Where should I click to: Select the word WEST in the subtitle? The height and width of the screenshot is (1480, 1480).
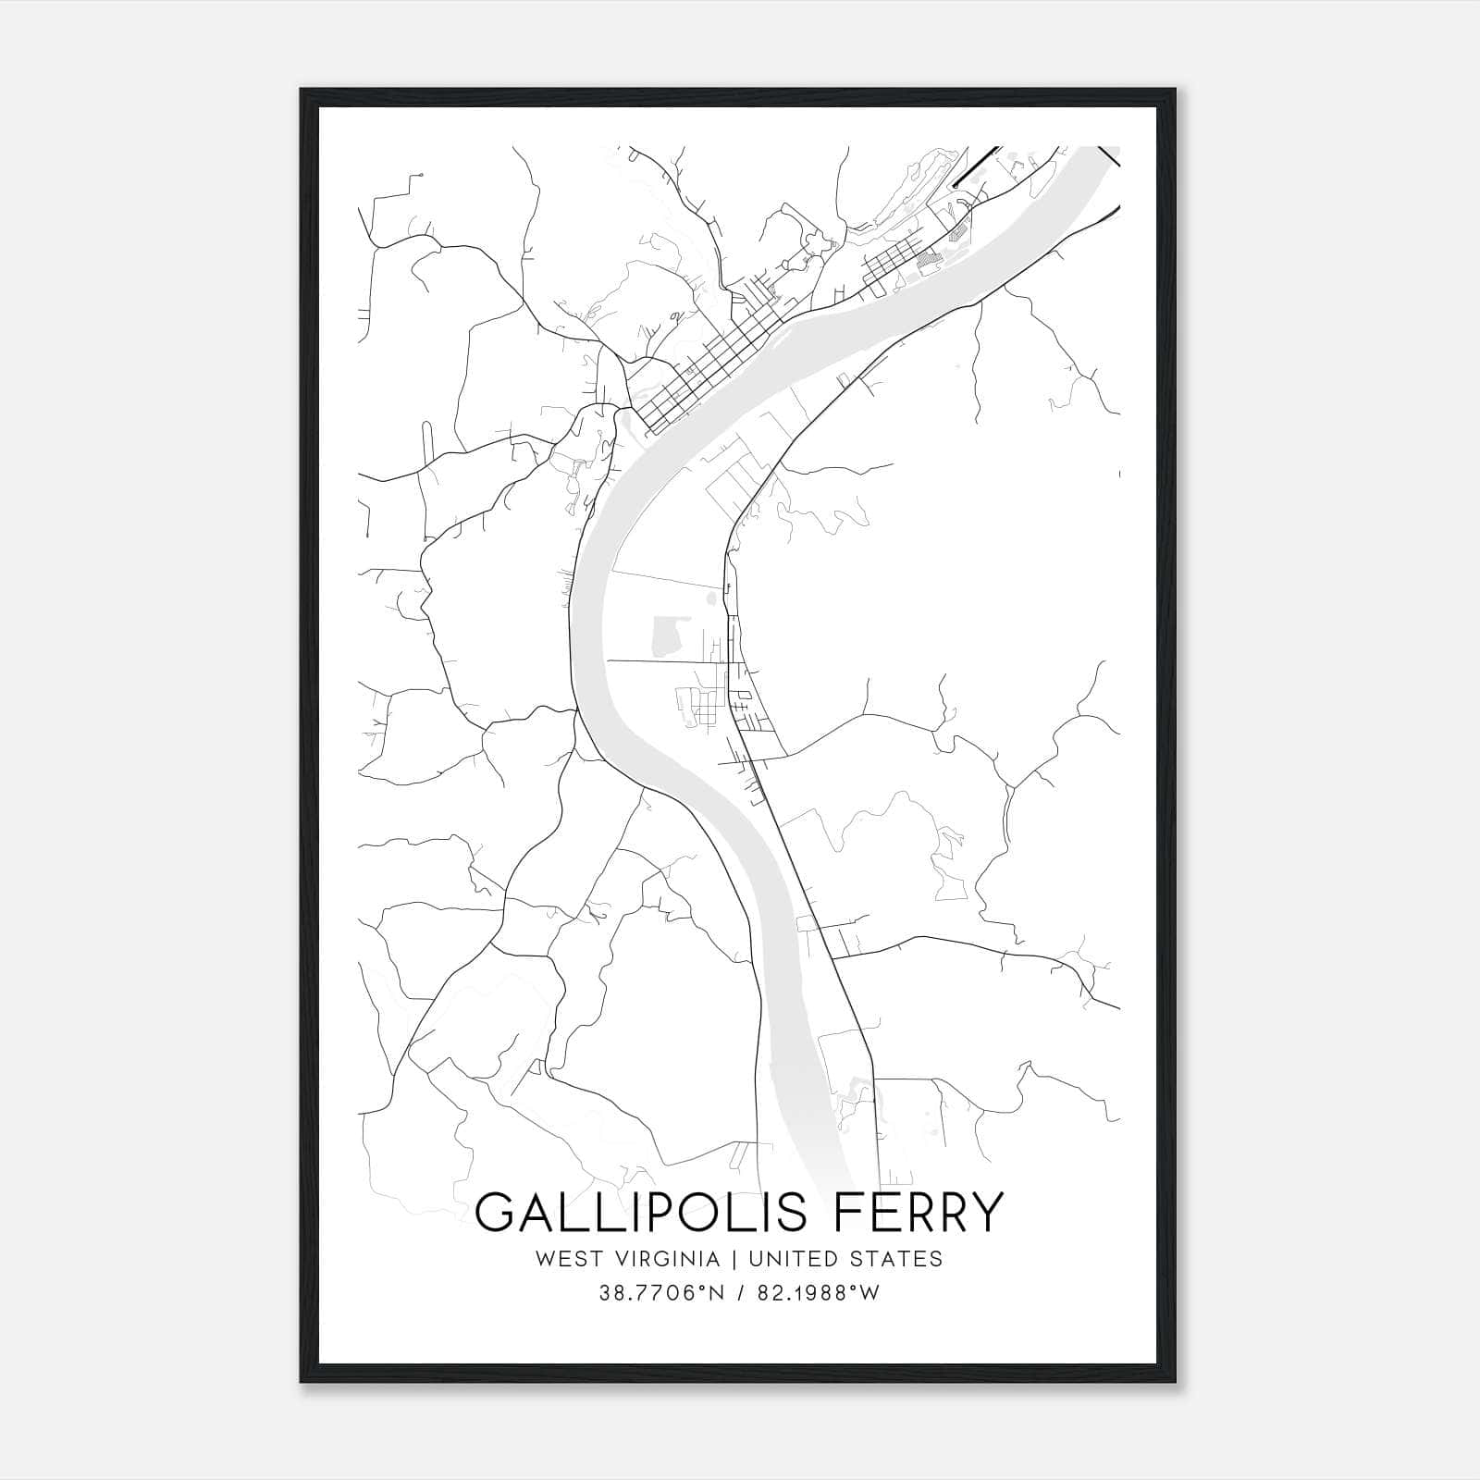click(560, 1259)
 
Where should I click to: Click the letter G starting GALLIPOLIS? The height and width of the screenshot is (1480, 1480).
click(496, 1212)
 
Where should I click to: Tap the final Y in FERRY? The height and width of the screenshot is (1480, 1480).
click(985, 1212)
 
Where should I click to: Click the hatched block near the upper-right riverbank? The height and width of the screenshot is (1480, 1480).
click(927, 262)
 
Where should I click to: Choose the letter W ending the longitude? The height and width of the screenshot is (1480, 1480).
click(870, 1293)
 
